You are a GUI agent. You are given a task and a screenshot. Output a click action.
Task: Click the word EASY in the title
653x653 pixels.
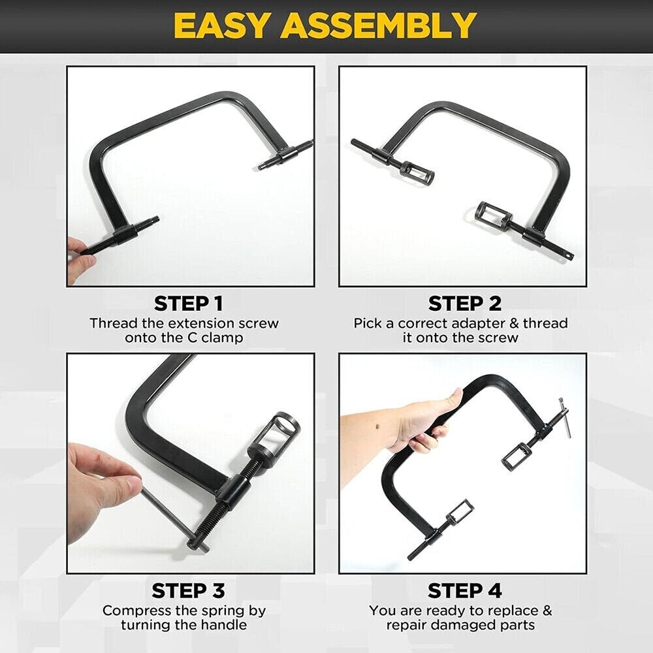point(221,25)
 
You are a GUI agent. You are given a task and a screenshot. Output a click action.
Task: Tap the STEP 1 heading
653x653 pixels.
point(188,304)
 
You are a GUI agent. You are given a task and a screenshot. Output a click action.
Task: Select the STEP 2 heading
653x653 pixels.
point(465,304)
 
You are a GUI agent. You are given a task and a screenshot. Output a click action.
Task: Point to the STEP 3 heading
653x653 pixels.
point(188,590)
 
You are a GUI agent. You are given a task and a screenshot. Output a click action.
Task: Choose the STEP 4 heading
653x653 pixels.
point(465,590)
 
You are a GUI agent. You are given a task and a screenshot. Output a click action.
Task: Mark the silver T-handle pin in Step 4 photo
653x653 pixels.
point(564,418)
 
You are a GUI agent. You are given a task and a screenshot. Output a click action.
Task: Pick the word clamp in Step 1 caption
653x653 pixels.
point(222,338)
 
